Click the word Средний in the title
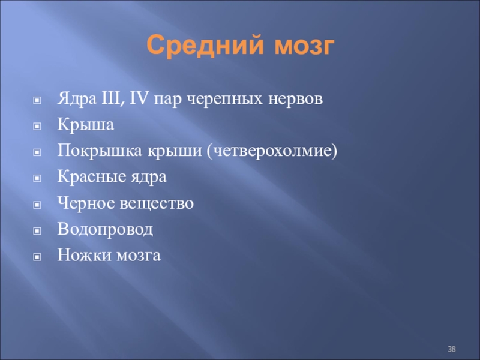tap(205, 46)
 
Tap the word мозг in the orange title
tap(304, 46)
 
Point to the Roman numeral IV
tap(139, 98)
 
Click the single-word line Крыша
tap(86, 125)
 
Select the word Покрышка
tap(100, 151)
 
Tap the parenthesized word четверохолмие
tap(272, 151)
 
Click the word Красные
tap(92, 176)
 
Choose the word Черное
tap(86, 203)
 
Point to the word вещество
tap(157, 203)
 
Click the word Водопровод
tap(105, 229)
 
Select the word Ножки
tap(82, 255)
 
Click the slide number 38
tap(452, 349)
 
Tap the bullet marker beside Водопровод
tap(37, 230)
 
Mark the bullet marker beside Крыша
tap(37, 126)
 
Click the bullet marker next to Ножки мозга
tap(37, 257)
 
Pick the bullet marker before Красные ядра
tap(37, 178)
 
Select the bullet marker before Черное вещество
tap(37, 205)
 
